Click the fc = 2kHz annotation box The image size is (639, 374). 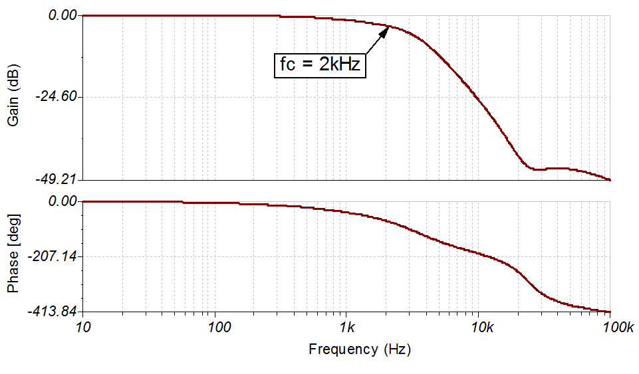(320, 65)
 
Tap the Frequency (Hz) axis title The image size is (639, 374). (359, 349)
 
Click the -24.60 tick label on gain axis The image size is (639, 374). (55, 97)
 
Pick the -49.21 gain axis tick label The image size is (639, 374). (55, 179)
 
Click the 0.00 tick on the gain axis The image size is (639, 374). (64, 15)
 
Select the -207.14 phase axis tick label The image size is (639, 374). (52, 256)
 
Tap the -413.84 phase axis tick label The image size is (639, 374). (52, 311)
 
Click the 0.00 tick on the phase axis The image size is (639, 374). (64, 201)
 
